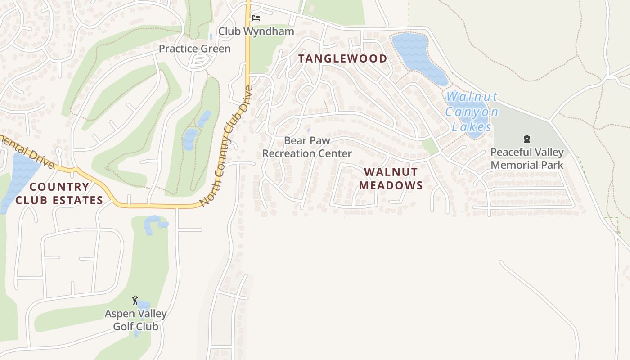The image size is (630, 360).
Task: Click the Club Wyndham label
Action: pyautogui.click(x=256, y=31)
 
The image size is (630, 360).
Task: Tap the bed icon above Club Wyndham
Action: pyautogui.click(x=256, y=18)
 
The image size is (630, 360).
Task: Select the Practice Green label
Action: pyautogui.click(x=194, y=49)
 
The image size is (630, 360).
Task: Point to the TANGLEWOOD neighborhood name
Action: pyautogui.click(x=343, y=58)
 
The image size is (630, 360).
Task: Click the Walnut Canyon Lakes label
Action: pyautogui.click(x=472, y=112)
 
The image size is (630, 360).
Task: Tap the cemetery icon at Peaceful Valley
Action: pyautogui.click(x=527, y=139)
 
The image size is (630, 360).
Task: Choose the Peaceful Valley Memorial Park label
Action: pyautogui.click(x=527, y=158)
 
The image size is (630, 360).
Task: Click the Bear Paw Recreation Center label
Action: pyautogui.click(x=307, y=147)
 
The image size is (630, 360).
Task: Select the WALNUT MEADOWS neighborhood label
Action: pyautogui.click(x=391, y=178)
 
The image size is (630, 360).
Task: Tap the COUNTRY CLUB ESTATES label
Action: pyautogui.click(x=59, y=193)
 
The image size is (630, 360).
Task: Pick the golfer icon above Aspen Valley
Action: pyautogui.click(x=135, y=300)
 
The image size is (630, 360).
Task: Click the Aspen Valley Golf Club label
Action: pyautogui.click(x=135, y=320)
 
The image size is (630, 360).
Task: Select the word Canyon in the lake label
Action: pyautogui.click(x=472, y=112)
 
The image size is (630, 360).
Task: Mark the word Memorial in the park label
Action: pyautogui.click(x=527, y=165)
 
